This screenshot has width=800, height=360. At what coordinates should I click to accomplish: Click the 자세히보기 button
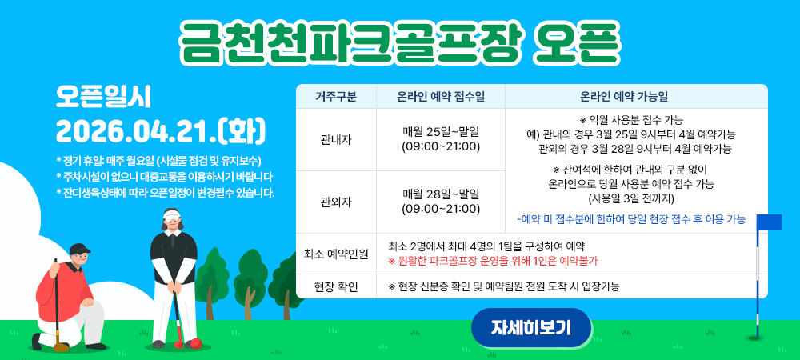(x=530, y=328)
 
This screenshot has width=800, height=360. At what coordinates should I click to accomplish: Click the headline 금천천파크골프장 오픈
(x=399, y=42)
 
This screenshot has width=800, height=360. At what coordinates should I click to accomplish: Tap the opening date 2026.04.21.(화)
(x=161, y=131)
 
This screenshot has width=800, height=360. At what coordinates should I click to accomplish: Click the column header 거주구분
(x=336, y=97)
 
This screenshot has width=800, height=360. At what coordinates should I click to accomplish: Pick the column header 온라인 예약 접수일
(x=441, y=97)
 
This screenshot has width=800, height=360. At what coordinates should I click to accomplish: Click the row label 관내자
(x=336, y=140)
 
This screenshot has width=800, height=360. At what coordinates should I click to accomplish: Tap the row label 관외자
(x=336, y=202)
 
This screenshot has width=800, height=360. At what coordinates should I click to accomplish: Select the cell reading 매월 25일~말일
(x=441, y=133)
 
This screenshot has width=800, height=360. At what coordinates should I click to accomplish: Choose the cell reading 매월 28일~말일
(x=441, y=194)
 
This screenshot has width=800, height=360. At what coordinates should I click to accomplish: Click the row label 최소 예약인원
(x=336, y=254)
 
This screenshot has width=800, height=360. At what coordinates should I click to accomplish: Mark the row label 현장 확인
(x=336, y=286)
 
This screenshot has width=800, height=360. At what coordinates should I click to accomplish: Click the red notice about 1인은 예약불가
(x=493, y=261)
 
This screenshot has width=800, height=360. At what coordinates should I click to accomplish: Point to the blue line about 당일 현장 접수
(x=631, y=220)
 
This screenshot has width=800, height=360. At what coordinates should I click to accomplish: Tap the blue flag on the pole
(x=768, y=222)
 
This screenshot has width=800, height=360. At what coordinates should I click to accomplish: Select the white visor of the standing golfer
(x=172, y=214)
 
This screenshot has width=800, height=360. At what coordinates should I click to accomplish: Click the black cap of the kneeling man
(x=79, y=250)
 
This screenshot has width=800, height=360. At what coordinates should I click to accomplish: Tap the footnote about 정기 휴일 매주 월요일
(x=158, y=161)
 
